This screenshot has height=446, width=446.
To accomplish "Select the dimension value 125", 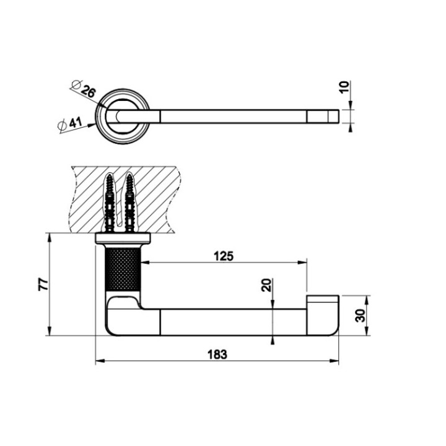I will coord(224,256).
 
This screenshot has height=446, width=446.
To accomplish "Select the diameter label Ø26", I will coord(85,90).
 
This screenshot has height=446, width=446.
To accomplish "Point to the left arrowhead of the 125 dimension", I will coord(149,263).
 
